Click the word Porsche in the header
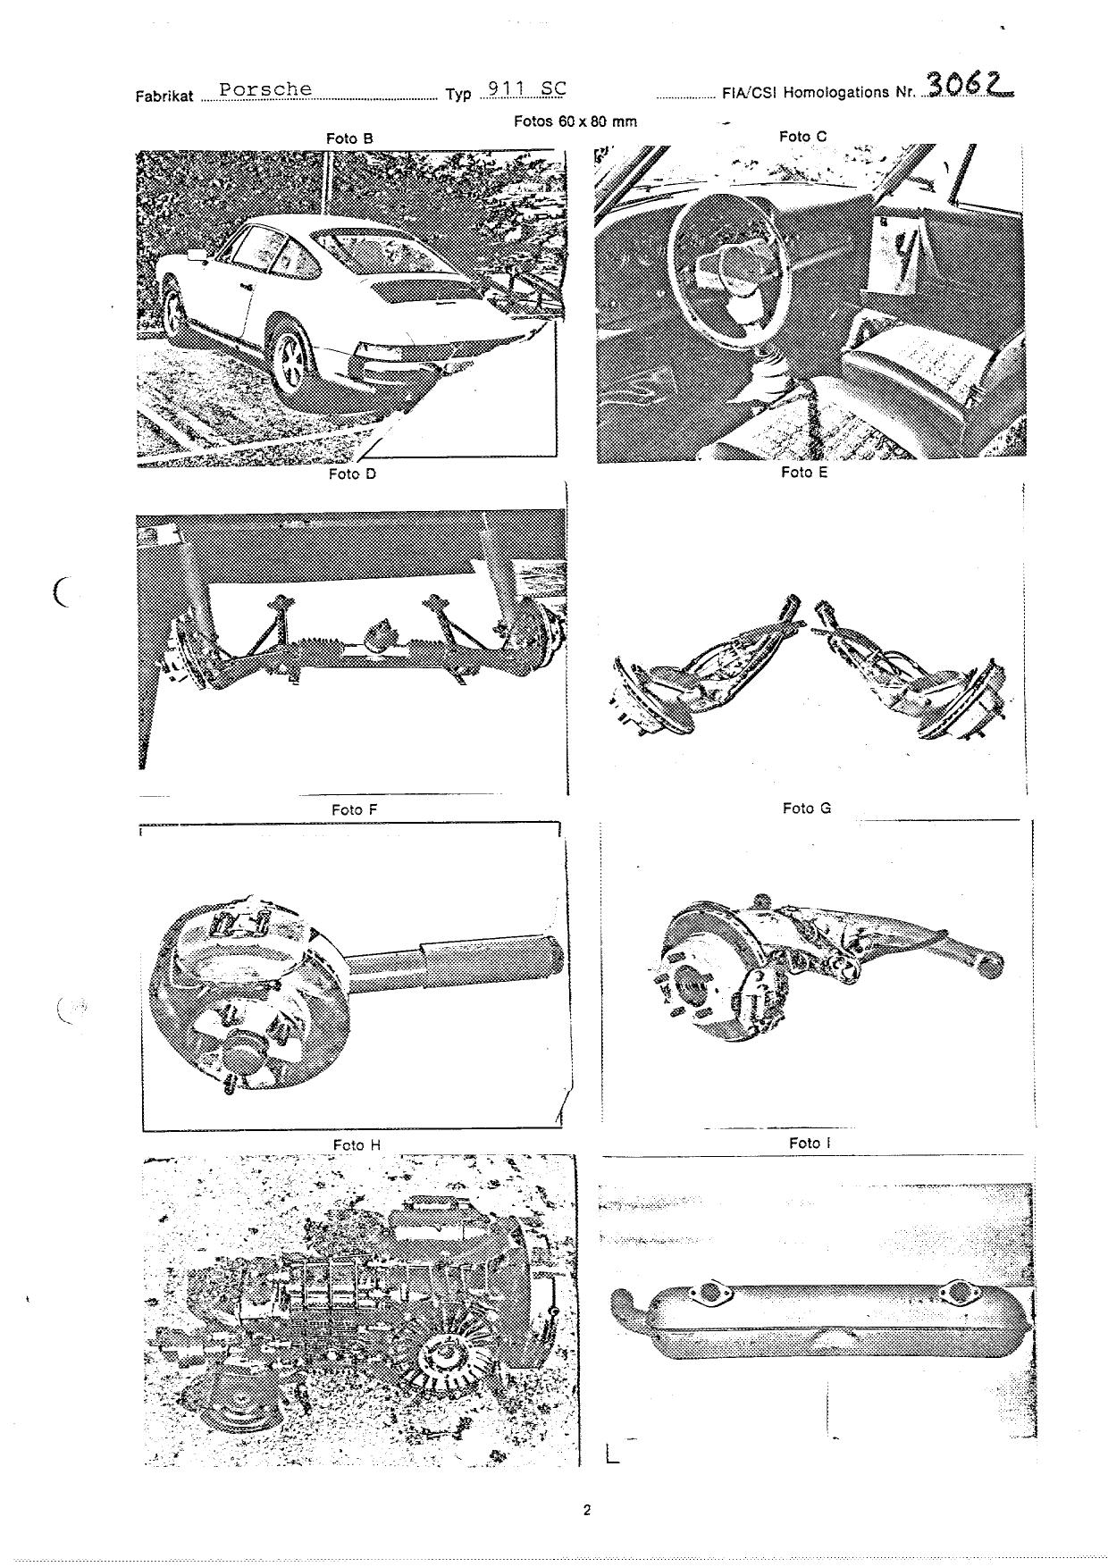tap(265, 89)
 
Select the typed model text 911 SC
tap(523, 88)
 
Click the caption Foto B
tap(349, 138)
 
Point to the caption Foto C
tap(803, 136)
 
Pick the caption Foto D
tap(352, 473)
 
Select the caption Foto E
tap(804, 472)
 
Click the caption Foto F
tap(354, 809)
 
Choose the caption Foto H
tap(357, 1144)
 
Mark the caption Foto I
tap(809, 1143)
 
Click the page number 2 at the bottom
tap(587, 1512)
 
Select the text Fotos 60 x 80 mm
tap(575, 122)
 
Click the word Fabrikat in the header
tap(164, 96)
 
